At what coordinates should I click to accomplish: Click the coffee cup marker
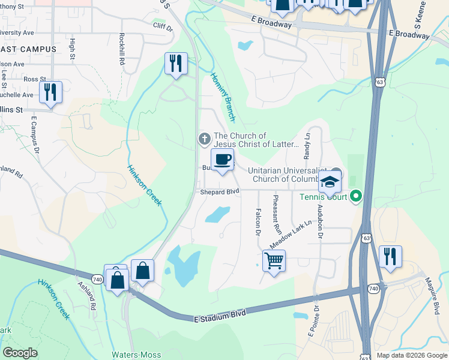[x=222, y=160]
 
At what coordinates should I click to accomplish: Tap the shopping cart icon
[x=274, y=261]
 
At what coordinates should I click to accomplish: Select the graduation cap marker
[x=330, y=181]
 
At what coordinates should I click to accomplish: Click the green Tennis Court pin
[x=356, y=196]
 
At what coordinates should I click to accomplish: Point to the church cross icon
[x=204, y=140]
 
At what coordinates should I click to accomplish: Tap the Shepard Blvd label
[x=220, y=191]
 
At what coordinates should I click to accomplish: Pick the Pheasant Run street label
[x=277, y=214]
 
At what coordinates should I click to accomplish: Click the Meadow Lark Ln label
[x=291, y=234]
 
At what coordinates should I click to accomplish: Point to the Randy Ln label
[x=307, y=146]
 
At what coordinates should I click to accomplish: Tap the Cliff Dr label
[x=162, y=27]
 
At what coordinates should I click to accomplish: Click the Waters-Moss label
[x=136, y=355]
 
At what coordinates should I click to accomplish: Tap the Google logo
[x=20, y=353]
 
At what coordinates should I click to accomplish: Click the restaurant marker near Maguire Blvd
[x=390, y=257]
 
